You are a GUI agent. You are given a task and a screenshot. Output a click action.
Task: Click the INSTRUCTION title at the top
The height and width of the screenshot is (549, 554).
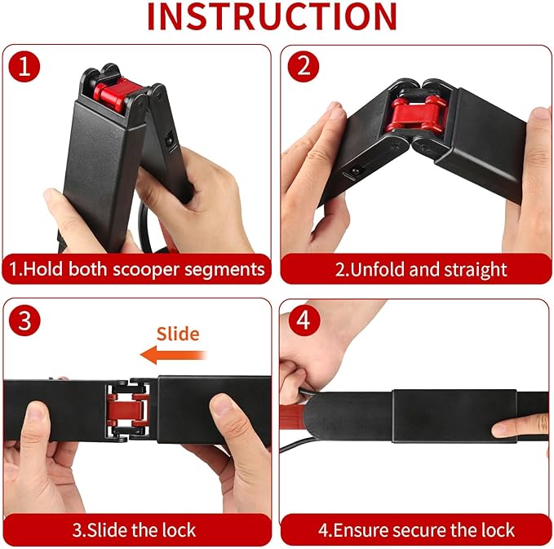tap(272, 16)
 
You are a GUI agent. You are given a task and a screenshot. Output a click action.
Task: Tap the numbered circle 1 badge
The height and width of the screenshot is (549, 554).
tap(24, 66)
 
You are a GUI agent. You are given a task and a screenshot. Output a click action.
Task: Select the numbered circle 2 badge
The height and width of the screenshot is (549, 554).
tap(304, 66)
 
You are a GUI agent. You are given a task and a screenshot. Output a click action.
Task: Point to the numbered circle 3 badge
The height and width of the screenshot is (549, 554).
tap(24, 321)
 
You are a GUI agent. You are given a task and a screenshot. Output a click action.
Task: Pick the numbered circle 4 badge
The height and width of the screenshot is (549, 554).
tap(304, 321)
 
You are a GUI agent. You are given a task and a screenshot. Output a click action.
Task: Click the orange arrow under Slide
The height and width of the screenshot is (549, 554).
tap(173, 355)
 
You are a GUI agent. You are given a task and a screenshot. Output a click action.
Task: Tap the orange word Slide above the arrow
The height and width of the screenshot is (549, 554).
tap(178, 334)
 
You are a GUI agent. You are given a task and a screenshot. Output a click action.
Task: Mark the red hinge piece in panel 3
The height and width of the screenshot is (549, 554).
tap(129, 410)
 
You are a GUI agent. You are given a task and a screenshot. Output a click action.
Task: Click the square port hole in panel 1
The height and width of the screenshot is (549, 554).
tap(170, 139)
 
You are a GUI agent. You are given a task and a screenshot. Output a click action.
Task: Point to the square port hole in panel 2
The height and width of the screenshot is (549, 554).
tap(353, 171)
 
